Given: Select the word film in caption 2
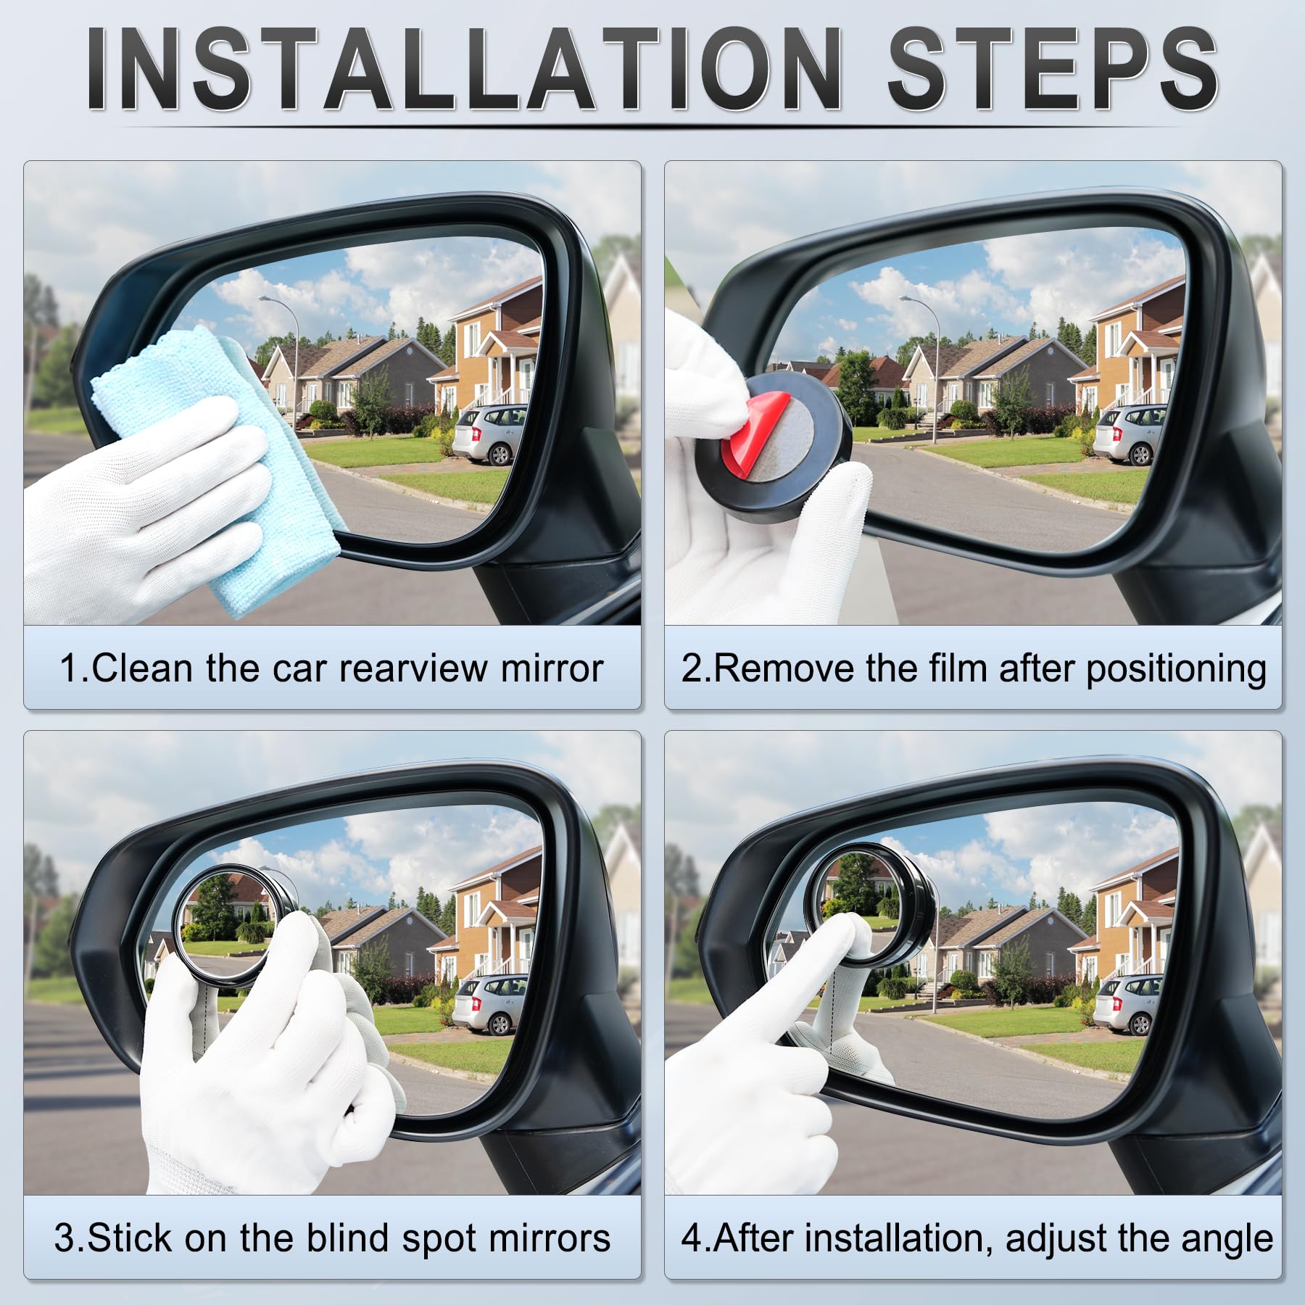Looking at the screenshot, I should pyautogui.click(x=959, y=668).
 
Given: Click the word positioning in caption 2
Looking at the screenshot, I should pyautogui.click(x=1176, y=669).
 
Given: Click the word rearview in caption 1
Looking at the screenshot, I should pyautogui.click(x=413, y=668).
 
